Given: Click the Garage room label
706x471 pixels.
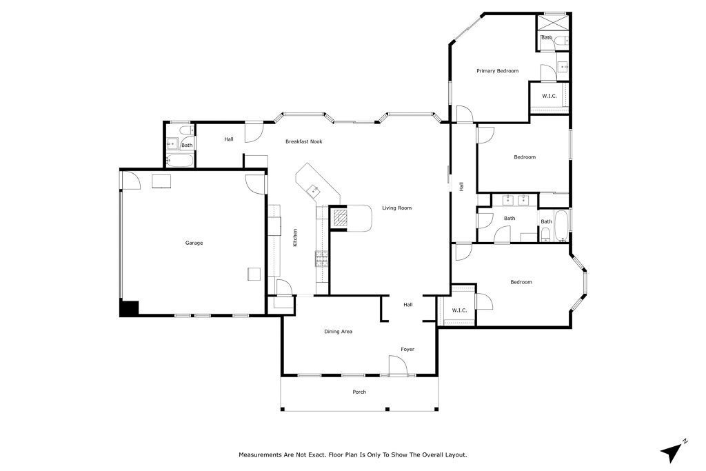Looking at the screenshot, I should click(194, 243).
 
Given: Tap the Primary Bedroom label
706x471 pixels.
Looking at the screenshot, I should click(497, 71).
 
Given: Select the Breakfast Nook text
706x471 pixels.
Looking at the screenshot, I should click(304, 141).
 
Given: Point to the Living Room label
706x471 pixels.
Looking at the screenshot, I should click(397, 208).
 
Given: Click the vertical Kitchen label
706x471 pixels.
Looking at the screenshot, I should click(295, 238).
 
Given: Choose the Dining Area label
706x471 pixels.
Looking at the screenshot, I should click(339, 332).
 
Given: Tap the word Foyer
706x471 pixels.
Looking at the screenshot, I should click(408, 350).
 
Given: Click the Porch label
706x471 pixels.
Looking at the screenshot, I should click(359, 392).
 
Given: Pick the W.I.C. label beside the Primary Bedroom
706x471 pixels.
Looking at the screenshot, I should click(549, 96).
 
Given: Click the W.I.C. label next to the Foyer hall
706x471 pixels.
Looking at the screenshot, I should click(459, 310).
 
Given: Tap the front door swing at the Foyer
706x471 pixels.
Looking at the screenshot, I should click(398, 366).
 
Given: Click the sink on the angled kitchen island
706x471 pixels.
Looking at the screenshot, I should click(314, 189).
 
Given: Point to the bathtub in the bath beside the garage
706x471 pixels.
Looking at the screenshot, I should click(180, 161).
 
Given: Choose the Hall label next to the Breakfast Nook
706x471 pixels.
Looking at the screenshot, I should click(228, 139).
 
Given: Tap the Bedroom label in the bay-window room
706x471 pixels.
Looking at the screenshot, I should click(521, 282).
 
